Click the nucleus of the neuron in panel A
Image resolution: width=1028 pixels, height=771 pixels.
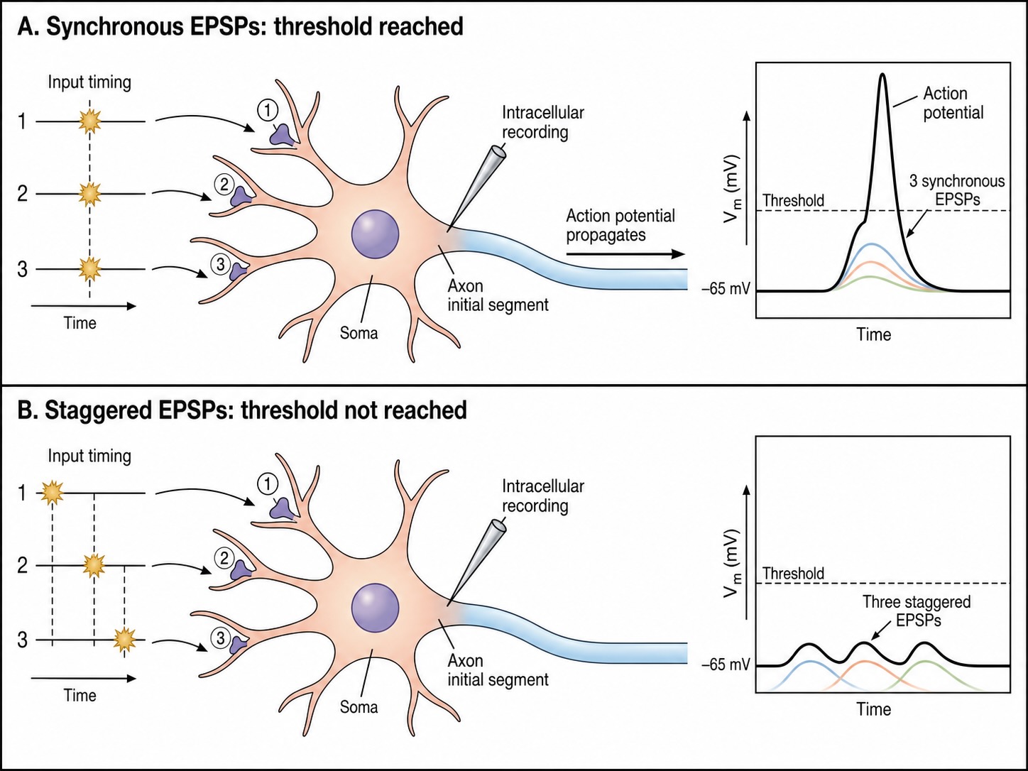click(x=375, y=234)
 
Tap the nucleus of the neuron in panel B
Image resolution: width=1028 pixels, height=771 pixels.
click(x=375, y=608)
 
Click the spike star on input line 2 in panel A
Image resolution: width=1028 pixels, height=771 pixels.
click(x=89, y=194)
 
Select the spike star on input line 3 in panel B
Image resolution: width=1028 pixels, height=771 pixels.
click(x=124, y=640)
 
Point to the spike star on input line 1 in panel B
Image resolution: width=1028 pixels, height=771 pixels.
click(x=52, y=493)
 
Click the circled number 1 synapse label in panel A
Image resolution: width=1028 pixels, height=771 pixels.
click(x=268, y=110)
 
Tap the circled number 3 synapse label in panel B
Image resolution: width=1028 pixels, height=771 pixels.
click(x=221, y=638)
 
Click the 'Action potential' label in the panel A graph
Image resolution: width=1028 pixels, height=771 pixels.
click(x=953, y=103)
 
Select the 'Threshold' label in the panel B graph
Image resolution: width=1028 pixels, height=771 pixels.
click(x=793, y=574)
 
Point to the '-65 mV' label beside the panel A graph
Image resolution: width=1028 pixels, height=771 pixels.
click(x=726, y=289)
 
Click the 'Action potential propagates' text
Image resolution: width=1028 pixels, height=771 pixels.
click(x=620, y=225)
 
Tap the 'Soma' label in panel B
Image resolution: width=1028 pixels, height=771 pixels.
click(x=359, y=707)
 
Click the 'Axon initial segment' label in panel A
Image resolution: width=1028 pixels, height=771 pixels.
click(x=498, y=295)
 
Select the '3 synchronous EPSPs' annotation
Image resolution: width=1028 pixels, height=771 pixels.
click(x=957, y=190)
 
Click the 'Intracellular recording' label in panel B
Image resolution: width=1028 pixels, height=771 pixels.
click(x=543, y=496)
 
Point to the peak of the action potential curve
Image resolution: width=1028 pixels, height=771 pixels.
click(x=882, y=75)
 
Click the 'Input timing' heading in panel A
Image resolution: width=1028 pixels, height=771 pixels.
click(x=89, y=82)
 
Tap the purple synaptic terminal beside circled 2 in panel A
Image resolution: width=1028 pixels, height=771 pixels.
click(x=241, y=196)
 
